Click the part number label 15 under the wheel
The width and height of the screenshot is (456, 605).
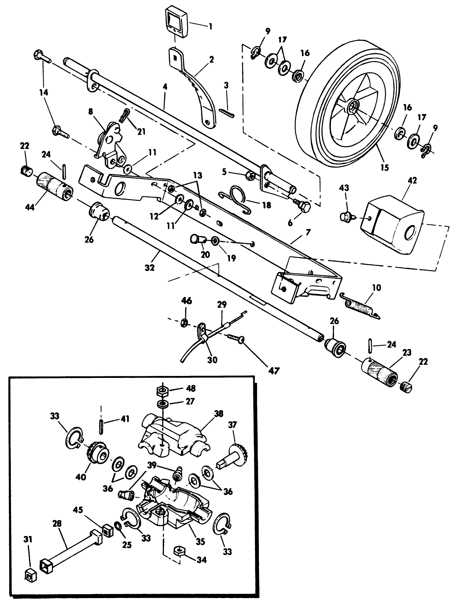click(x=385, y=167)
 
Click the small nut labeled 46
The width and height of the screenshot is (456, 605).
click(x=185, y=323)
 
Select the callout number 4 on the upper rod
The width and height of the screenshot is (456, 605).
click(x=165, y=87)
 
